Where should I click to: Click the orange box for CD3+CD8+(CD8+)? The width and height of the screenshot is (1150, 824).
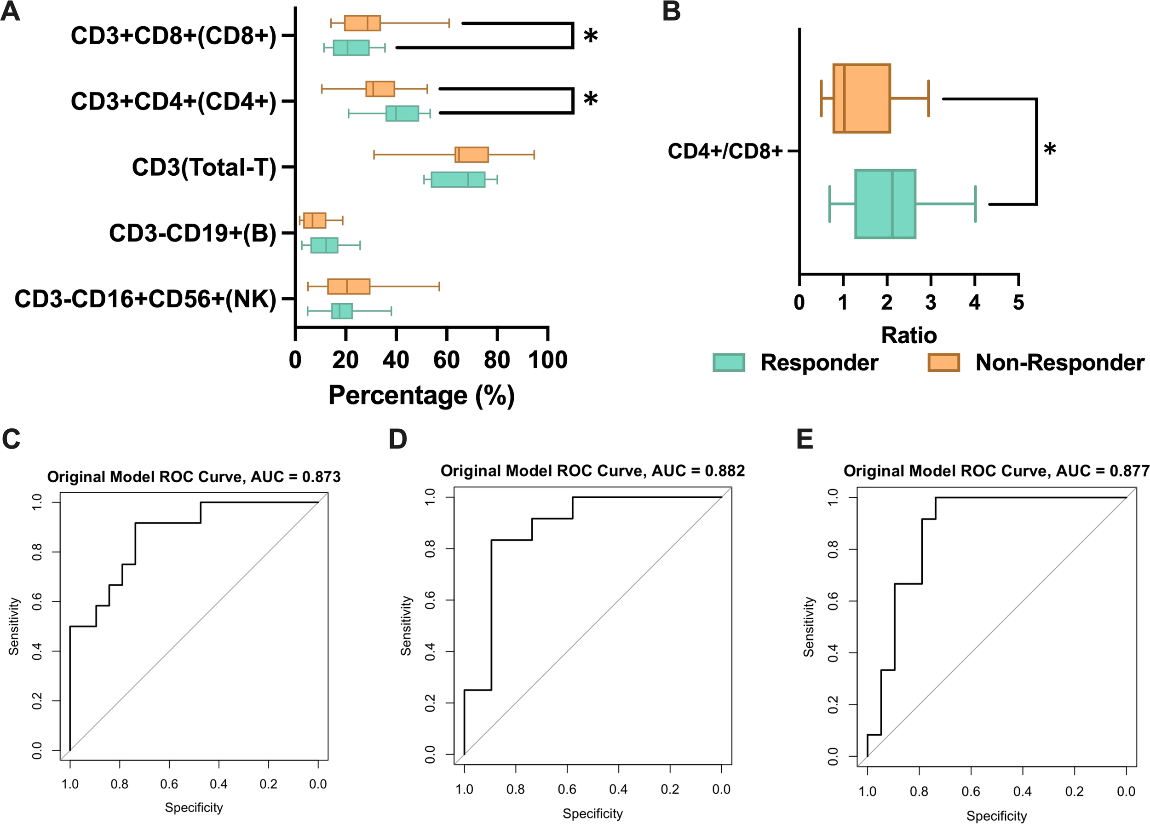coord(362,23)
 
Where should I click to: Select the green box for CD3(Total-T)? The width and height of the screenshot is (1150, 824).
coord(458,179)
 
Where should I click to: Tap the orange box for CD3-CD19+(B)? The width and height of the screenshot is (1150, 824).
coord(314,220)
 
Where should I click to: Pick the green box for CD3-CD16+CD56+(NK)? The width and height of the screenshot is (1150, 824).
coord(342,311)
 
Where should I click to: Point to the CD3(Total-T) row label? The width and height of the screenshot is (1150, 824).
coord(204,167)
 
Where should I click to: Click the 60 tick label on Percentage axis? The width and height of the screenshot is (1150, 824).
coord(446,360)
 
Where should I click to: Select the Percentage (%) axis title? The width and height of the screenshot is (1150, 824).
coord(421,395)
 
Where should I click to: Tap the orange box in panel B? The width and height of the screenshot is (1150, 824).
coord(862,98)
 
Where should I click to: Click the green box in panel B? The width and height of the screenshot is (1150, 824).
coord(885,204)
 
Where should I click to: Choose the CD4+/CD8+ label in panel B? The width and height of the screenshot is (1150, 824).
coord(725,151)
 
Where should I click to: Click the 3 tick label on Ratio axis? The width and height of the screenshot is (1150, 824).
coord(931,303)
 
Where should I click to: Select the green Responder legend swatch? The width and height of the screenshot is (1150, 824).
coord(729,363)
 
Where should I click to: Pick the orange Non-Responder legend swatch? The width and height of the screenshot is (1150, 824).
coord(943,363)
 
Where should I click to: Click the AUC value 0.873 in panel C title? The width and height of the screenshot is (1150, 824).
coord(321,477)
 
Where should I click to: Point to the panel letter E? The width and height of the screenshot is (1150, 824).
coord(805,439)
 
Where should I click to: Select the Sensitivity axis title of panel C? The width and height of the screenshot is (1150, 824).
coord(14,626)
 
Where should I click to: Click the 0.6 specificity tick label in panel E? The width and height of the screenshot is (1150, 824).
coord(971,791)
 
